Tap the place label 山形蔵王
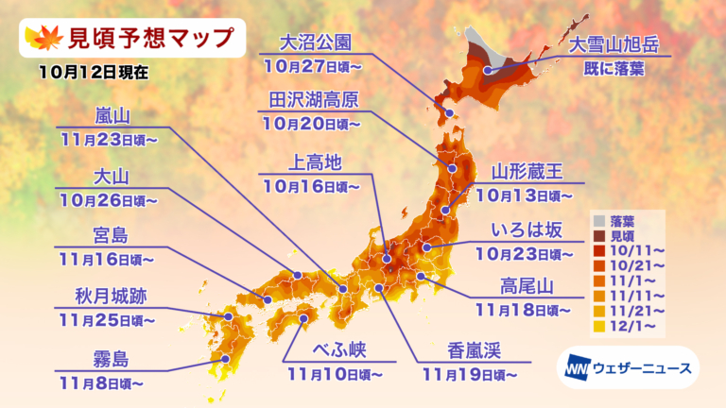(x=527, y=171)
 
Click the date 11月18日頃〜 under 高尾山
(x=527, y=309)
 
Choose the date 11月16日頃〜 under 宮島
(x=102, y=257)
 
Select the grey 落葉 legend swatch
(x=599, y=219)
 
